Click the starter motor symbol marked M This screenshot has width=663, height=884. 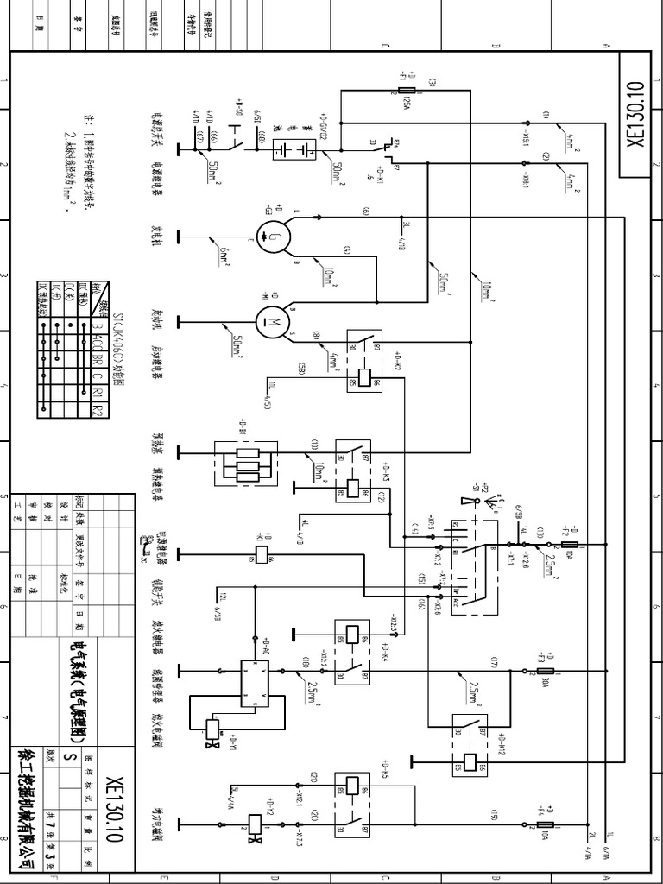[x=276, y=322]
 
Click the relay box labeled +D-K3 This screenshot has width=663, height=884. [x=355, y=473]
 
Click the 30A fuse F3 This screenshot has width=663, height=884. [x=546, y=670]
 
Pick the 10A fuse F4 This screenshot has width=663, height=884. [x=546, y=825]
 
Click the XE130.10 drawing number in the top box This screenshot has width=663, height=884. [x=636, y=116]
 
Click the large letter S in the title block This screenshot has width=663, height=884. [x=73, y=757]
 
